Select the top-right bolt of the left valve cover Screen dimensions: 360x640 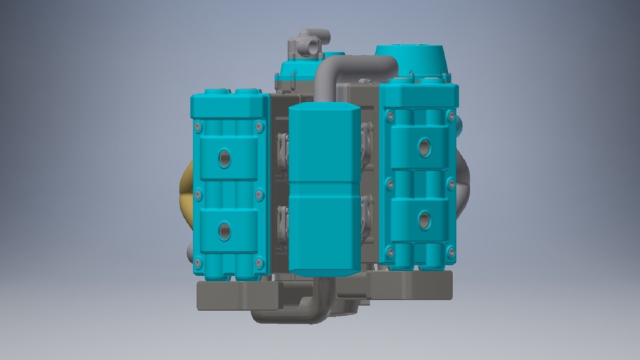(x=258, y=126)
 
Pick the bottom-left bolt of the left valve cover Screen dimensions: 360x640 (x=198, y=262)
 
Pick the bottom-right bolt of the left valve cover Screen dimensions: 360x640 (x=259, y=262)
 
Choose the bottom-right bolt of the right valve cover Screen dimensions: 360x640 (x=451, y=251)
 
